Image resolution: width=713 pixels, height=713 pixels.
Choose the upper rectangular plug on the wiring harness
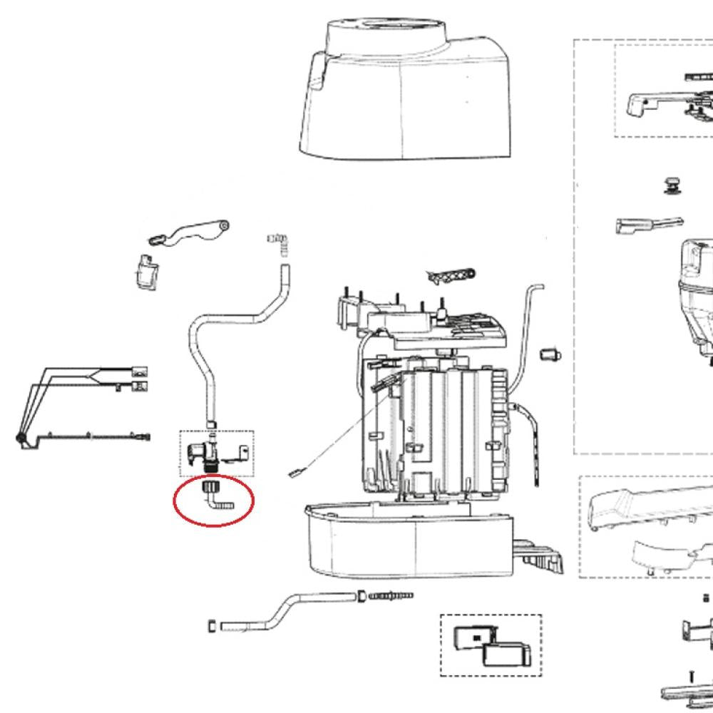[140, 371]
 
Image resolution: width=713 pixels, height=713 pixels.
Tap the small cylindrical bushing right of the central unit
[550, 354]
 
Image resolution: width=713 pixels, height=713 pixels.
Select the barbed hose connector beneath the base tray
[389, 595]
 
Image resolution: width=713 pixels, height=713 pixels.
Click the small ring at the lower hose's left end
[212, 626]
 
